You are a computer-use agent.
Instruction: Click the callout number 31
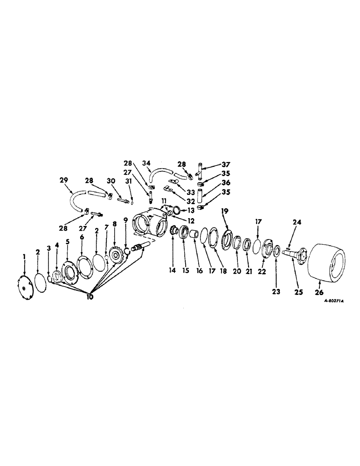tap(132, 182)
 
